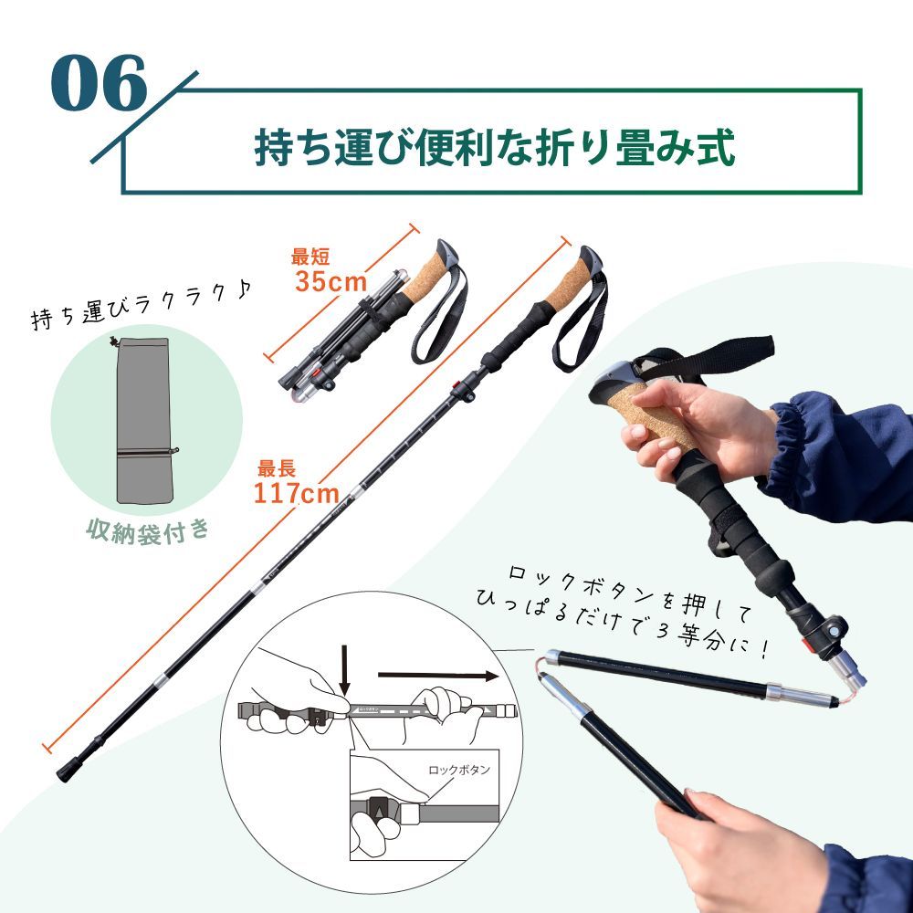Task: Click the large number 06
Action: pos(99,84)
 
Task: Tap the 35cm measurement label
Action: pos(330,281)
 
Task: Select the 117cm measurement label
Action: pos(296,494)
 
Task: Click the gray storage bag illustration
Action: pos(144,419)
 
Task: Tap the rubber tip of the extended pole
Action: pos(67,771)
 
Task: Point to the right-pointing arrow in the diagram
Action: pos(438,677)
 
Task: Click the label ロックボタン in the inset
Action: pos(458,770)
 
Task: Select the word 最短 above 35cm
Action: pos(310,257)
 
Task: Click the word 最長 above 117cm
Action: pos(276,470)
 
